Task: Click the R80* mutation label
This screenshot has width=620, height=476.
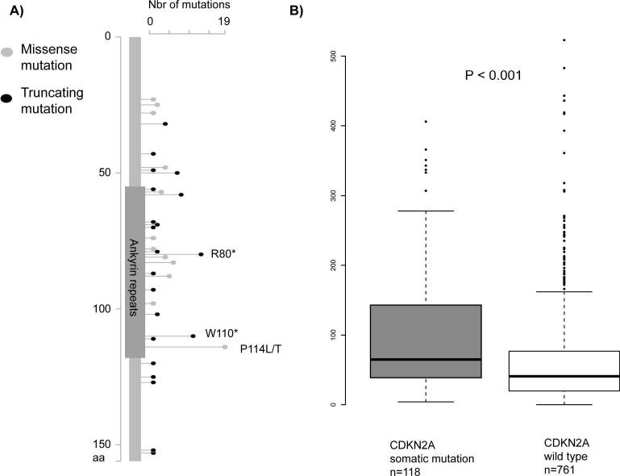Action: [x=223, y=254]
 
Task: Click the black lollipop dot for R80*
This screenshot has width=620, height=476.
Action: [x=201, y=254]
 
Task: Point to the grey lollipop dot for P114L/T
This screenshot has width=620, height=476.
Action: [x=225, y=347]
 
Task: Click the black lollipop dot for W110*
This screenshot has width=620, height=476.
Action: [x=193, y=336]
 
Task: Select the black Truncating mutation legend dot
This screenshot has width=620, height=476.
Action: [x=7, y=98]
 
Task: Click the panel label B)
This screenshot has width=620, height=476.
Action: [x=297, y=10]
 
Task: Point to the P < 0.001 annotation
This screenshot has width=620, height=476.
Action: [x=493, y=75]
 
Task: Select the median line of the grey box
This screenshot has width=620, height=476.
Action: [x=425, y=359]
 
